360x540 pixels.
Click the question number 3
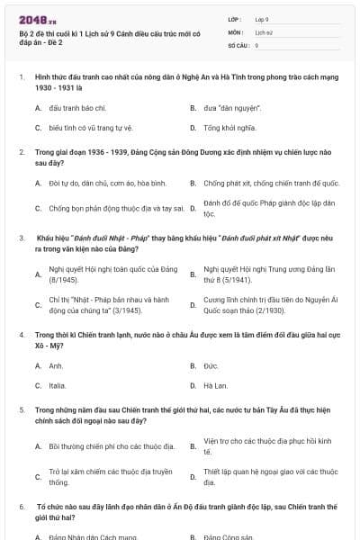click(x=22, y=238)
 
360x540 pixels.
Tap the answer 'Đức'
click(x=211, y=366)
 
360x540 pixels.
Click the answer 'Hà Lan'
click(x=215, y=385)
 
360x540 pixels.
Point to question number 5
click(x=22, y=409)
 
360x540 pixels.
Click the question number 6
click(x=22, y=508)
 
